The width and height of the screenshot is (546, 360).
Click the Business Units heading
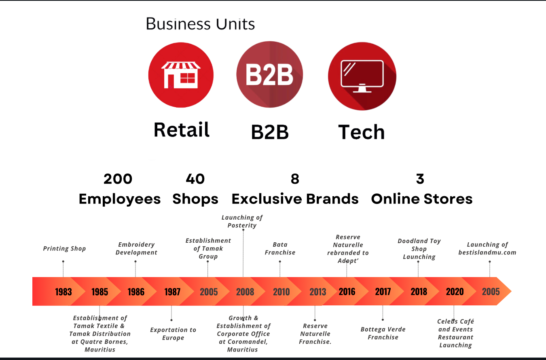[x=200, y=24]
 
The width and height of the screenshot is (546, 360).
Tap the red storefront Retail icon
[x=181, y=75]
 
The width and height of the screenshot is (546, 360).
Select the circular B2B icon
[x=270, y=74]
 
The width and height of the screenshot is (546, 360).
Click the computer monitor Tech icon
[x=362, y=76]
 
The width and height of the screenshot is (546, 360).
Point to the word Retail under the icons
[x=182, y=130]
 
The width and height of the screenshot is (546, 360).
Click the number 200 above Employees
[x=118, y=179]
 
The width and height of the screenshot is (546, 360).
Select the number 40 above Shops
[x=195, y=179]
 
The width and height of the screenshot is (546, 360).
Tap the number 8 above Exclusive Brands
[x=295, y=179]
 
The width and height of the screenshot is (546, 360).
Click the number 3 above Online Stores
[x=420, y=179]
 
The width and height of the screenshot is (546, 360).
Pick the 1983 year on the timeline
[x=63, y=292]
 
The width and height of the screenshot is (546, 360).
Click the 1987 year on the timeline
[x=172, y=292]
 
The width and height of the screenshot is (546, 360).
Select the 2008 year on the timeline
[x=245, y=292]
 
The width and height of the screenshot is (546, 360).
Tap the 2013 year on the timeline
[x=317, y=292]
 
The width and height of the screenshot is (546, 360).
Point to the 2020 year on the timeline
[x=455, y=292]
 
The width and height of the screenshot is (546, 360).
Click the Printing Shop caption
[x=64, y=249]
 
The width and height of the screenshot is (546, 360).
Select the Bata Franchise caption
[x=280, y=249]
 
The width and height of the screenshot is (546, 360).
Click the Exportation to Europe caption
[x=173, y=334]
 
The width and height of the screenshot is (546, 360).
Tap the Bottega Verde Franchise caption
[x=383, y=333]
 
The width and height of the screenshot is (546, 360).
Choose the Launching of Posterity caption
[x=242, y=221]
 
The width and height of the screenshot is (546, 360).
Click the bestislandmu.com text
[x=487, y=252]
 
